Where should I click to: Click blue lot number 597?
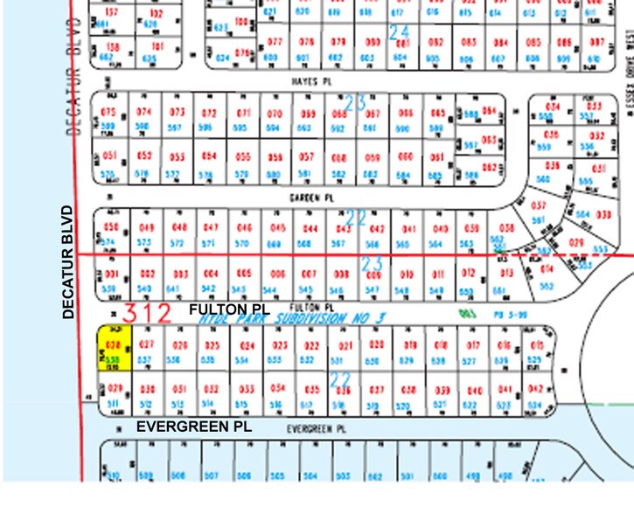pyautogui.click(x=178, y=128)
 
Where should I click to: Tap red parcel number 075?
pyautogui.click(x=109, y=113)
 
